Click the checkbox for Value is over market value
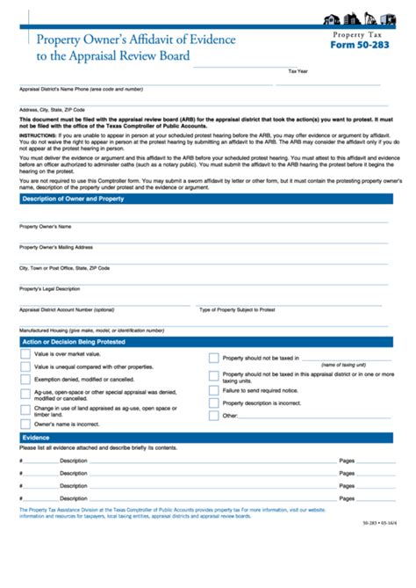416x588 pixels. (25, 353)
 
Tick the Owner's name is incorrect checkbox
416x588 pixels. (25, 424)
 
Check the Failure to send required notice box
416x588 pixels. (214, 389)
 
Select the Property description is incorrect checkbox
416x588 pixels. (214, 403)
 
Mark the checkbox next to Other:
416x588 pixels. (214, 415)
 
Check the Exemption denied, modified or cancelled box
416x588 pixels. (25, 379)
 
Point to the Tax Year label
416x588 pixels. (298, 70)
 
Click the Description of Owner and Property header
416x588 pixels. (73, 199)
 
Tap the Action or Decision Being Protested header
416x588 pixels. (74, 341)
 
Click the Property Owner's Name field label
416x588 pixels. (45, 227)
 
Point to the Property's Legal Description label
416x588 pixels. (50, 288)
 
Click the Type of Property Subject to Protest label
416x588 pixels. (237, 309)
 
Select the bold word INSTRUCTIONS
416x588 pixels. (38, 136)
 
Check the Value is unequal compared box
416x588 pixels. (25, 367)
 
